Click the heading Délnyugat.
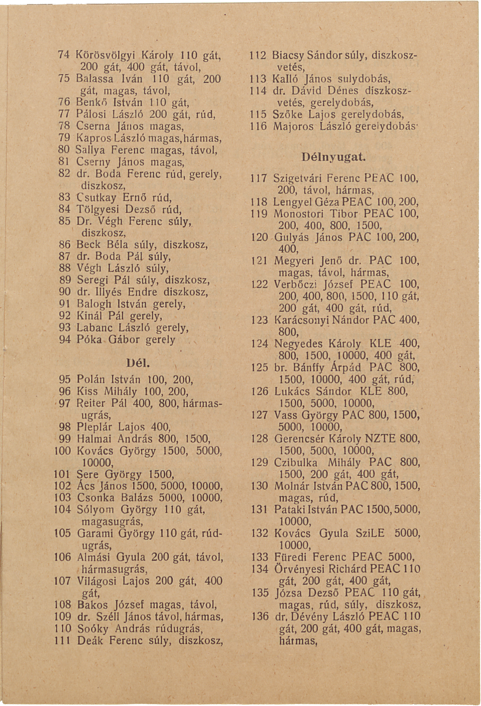[x=334, y=157]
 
